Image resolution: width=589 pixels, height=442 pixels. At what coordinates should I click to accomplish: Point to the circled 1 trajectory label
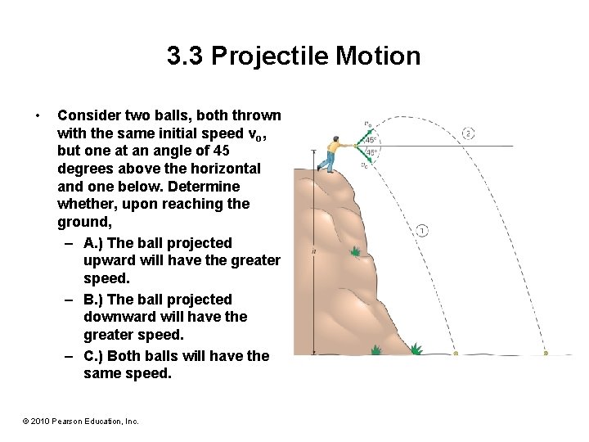tap(421, 230)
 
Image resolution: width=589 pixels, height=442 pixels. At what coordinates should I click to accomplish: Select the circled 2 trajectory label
tap(467, 133)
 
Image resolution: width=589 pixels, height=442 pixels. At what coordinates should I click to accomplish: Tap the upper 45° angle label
tap(371, 140)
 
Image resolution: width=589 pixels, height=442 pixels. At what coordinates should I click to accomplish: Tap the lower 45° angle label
tap(371, 152)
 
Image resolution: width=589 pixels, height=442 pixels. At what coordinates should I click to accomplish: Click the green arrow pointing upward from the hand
tap(363, 136)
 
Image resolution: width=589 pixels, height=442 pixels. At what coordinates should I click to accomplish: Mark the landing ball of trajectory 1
tap(456, 354)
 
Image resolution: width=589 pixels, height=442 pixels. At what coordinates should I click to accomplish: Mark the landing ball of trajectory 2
tap(546, 354)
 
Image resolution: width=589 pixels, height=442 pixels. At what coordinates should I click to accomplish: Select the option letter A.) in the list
tap(93, 243)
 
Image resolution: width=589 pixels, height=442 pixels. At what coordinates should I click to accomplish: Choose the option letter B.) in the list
tap(93, 300)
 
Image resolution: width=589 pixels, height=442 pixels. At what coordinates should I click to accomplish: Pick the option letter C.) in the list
tap(93, 355)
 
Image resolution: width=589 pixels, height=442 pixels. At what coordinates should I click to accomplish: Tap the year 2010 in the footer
tap(42, 421)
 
